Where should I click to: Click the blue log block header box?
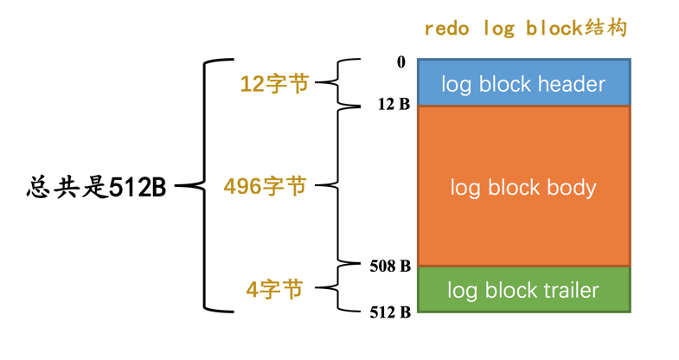tap(523, 83)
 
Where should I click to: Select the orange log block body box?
tap(523, 186)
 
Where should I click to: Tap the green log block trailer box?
tap(523, 289)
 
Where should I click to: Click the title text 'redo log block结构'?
tap(525, 28)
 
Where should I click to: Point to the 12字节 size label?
tap(274, 84)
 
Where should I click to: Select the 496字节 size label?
tap(265, 186)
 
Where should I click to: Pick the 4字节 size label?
tap(274, 290)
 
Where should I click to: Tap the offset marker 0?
tap(400, 62)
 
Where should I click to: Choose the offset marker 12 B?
tap(394, 105)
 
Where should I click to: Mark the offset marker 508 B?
tap(390, 266)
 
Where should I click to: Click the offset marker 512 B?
tap(390, 312)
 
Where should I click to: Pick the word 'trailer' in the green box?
tap(568, 290)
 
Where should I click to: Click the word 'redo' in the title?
tap(446, 28)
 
